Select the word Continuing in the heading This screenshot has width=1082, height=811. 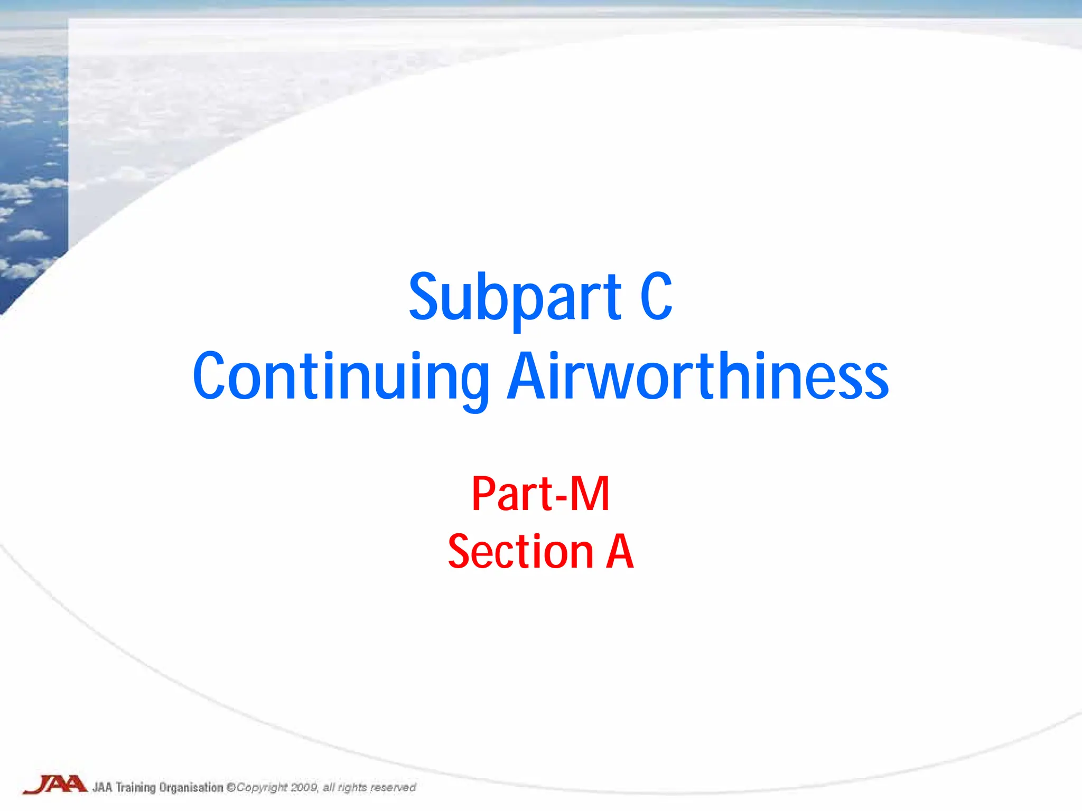(x=341, y=377)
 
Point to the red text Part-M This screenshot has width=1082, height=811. (x=540, y=494)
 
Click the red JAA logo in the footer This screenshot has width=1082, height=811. (x=54, y=785)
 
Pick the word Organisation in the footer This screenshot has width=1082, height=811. (x=191, y=788)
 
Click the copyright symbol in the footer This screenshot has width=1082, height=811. (x=231, y=788)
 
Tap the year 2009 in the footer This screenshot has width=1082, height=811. (x=304, y=788)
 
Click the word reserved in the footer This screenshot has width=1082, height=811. (x=393, y=788)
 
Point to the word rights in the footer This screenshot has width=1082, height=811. (x=352, y=788)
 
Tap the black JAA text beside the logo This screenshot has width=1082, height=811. (x=102, y=788)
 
